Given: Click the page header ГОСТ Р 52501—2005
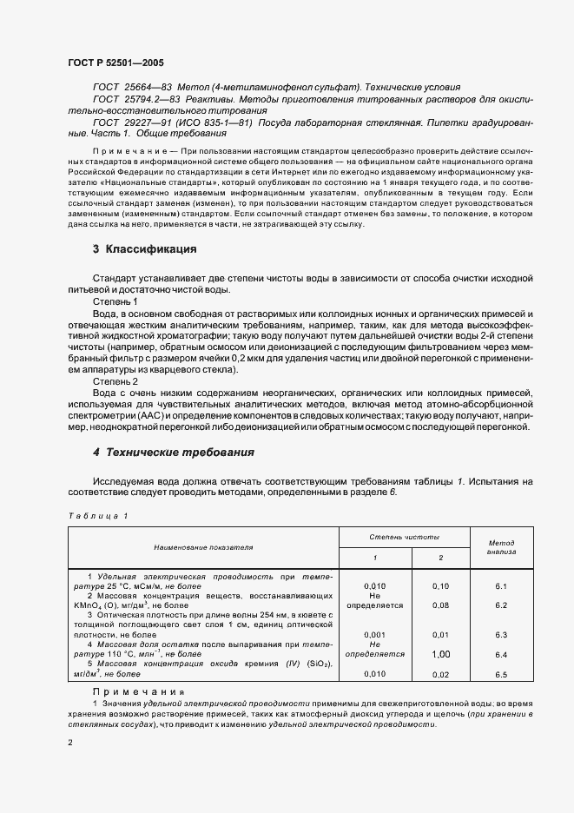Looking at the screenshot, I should (115, 63).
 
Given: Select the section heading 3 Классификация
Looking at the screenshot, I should (144, 249).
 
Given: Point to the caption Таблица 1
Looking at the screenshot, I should (97, 515).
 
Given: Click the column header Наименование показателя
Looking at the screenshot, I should (203, 548).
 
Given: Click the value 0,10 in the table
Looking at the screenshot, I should (440, 586).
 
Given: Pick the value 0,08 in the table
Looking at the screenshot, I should (440, 605).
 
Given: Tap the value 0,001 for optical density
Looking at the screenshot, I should (375, 635).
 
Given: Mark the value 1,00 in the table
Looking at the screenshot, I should (440, 654).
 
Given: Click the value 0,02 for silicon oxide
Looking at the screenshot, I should (440, 674).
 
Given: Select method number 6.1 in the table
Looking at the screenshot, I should (501, 586).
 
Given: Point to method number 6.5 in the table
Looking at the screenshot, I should (501, 674).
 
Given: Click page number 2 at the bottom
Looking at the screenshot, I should (70, 743).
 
